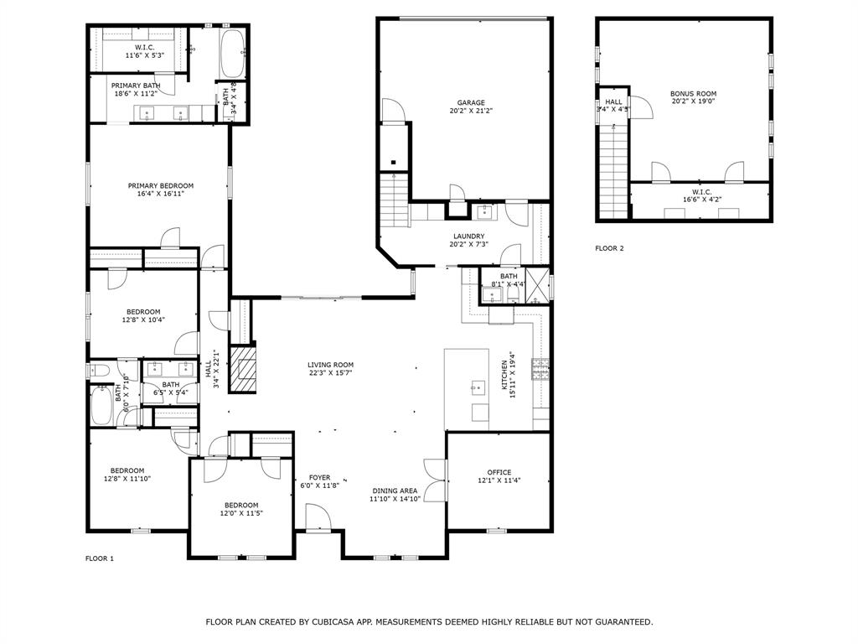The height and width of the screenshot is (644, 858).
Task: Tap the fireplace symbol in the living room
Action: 244,370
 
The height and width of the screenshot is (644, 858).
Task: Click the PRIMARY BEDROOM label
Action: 160,185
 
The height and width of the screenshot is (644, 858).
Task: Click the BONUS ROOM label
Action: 693,94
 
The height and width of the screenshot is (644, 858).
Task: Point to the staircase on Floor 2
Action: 614,172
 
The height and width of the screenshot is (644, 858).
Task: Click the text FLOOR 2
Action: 609,248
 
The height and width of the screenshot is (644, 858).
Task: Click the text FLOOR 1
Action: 99,558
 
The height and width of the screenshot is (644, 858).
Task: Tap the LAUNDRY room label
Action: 468,236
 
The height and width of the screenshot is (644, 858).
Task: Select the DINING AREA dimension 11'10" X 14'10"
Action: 395,499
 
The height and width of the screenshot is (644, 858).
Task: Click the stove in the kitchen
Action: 540,370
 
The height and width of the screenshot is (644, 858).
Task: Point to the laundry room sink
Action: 484,211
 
